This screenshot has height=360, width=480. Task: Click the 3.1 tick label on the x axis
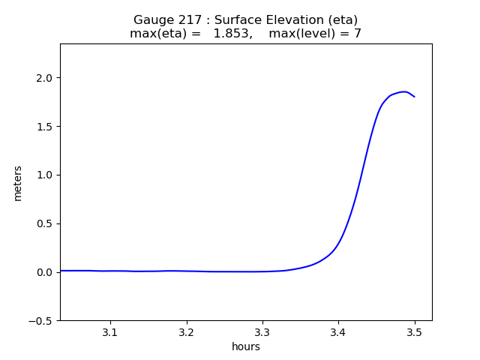(x=110, y=331)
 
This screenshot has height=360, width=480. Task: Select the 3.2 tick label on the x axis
(x=186, y=331)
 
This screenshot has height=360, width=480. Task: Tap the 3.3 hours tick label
(x=262, y=331)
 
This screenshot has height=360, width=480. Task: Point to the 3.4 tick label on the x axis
(x=338, y=331)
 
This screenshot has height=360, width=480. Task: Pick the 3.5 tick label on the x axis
(x=414, y=331)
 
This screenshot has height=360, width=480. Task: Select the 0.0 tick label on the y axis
(x=44, y=272)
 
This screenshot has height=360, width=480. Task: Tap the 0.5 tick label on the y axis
(x=44, y=223)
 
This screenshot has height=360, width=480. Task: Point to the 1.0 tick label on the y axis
(x=44, y=175)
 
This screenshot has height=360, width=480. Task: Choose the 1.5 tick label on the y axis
(x=44, y=126)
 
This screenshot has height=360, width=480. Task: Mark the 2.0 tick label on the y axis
(x=44, y=78)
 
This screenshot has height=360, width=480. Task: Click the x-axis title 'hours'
(x=246, y=346)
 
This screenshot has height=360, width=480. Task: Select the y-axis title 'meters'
(x=18, y=183)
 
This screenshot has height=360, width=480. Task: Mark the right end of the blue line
(x=414, y=97)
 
